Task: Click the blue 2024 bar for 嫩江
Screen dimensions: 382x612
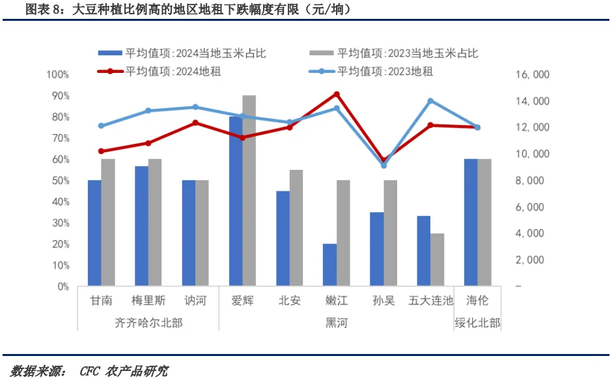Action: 330,265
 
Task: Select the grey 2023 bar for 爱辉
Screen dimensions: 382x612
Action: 249,191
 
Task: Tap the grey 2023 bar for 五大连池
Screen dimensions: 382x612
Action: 438,260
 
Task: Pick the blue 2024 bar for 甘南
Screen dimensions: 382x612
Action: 94,233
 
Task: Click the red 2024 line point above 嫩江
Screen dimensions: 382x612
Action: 337,94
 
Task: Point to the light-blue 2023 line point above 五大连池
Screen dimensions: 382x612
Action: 430,101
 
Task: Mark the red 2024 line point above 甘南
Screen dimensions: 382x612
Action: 101,151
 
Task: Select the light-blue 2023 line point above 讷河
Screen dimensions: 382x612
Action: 195,107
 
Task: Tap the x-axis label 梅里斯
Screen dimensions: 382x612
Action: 148,301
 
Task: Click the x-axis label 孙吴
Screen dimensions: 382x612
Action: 383,301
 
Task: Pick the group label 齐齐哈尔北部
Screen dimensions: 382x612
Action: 148,323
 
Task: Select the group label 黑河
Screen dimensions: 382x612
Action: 337,323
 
